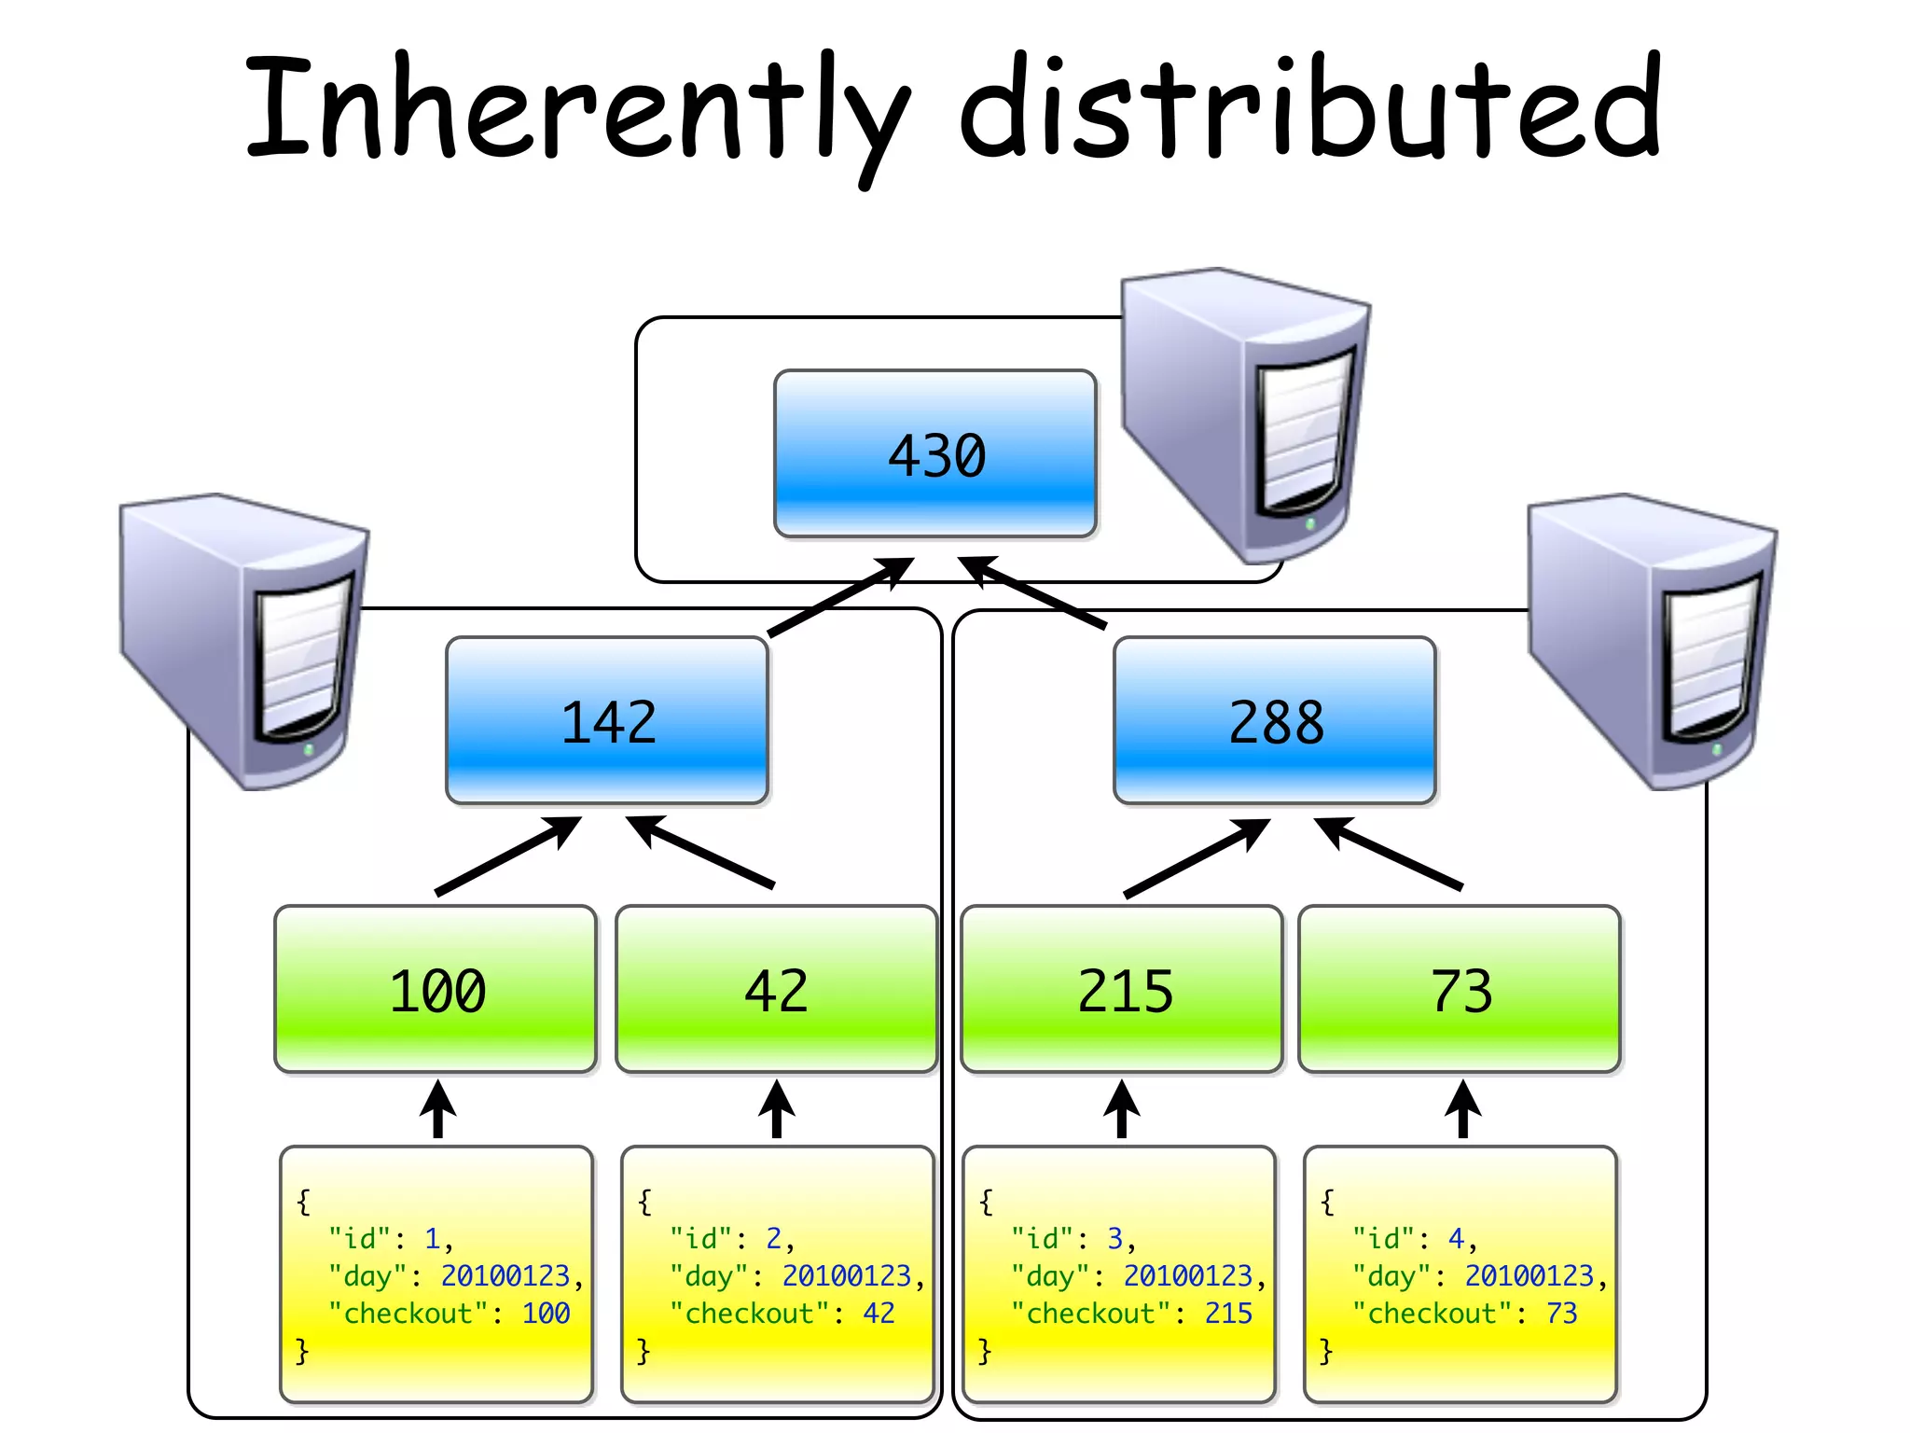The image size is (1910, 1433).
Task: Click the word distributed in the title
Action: (1309, 107)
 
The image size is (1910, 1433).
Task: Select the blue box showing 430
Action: (935, 454)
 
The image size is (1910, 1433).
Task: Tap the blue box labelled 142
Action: (607, 720)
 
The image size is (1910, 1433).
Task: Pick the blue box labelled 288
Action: (1275, 720)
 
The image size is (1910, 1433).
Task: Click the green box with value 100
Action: (436, 989)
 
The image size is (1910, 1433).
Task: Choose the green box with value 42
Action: (777, 989)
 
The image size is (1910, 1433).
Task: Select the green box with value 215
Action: (1123, 989)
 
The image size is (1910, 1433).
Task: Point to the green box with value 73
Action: (1460, 989)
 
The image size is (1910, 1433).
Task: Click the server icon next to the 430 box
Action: (1245, 415)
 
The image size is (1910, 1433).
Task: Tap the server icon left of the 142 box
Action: (244, 640)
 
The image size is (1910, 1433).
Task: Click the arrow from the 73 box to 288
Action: (1389, 854)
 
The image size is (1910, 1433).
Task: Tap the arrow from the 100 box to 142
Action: (508, 856)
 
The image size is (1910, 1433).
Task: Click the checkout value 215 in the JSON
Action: (1228, 1314)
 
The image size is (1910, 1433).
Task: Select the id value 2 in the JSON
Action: (774, 1238)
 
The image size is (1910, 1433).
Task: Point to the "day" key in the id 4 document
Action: (1392, 1275)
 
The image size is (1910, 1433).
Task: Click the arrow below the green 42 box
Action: (777, 1109)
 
